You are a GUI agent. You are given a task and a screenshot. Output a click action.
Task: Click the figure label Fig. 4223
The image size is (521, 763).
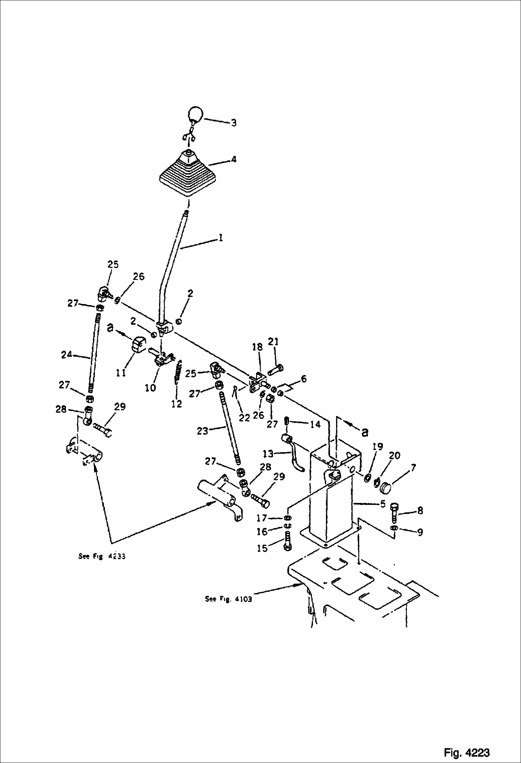click(466, 742)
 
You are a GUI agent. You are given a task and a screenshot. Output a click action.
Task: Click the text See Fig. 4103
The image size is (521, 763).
click(228, 599)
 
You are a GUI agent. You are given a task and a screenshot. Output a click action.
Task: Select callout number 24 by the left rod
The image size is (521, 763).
click(67, 355)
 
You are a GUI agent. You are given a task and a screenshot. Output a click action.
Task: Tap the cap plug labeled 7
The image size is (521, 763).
click(384, 487)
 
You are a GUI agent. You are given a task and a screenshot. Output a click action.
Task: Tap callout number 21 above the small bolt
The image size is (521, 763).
click(273, 343)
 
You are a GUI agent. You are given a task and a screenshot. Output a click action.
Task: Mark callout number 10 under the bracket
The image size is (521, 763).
click(150, 388)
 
